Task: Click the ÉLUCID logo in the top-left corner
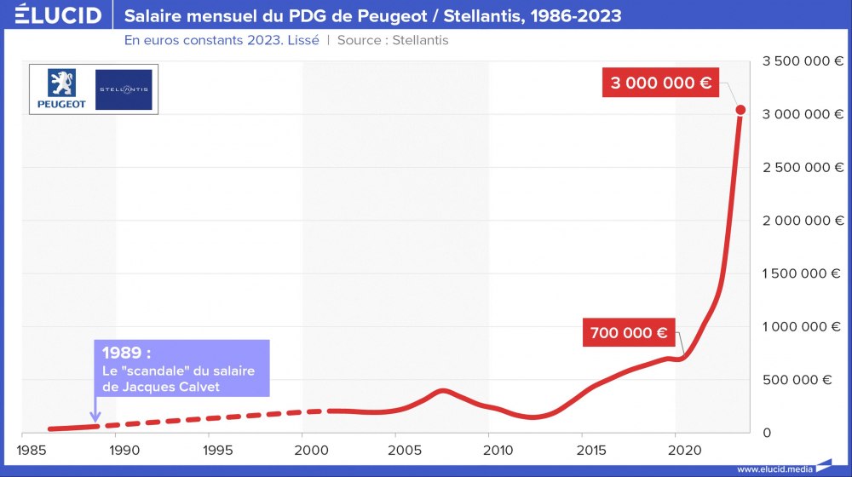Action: coord(52,15)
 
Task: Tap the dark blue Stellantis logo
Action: coord(124,89)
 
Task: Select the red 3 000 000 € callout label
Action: coord(661,83)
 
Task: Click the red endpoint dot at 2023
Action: coord(740,110)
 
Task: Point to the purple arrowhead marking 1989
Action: coord(95,417)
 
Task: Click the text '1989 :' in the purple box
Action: coord(131,353)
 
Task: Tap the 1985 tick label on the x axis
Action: coord(32,449)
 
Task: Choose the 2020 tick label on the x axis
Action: coord(676,449)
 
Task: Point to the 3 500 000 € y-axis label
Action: coord(797,60)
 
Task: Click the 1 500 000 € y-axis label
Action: coord(797,273)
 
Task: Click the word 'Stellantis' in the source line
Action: coord(420,40)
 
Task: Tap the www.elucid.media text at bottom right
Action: coord(774,468)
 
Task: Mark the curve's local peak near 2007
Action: coord(442,390)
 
